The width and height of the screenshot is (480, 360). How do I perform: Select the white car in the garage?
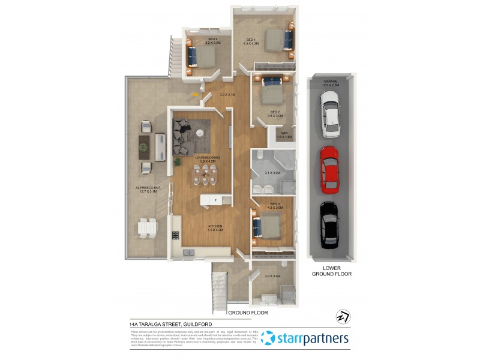point(331,113)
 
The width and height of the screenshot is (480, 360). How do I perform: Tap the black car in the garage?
point(329,224)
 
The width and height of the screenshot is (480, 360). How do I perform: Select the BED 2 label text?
point(275,113)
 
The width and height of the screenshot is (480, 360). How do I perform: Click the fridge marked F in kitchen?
point(215,200)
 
